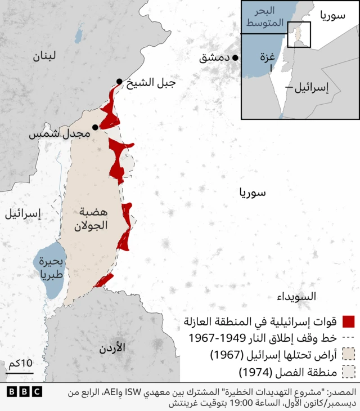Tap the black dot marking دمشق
pyautogui.click(x=235, y=57)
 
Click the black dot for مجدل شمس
pyautogui.click(x=95, y=127)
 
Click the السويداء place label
pyautogui.click(x=296, y=296)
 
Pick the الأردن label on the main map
pyautogui.click(x=111, y=348)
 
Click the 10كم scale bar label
pyautogui.click(x=20, y=364)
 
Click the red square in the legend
pyautogui.click(x=349, y=322)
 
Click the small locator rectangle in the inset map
pyautogui.click(x=299, y=34)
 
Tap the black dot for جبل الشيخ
pyautogui.click(x=119, y=82)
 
